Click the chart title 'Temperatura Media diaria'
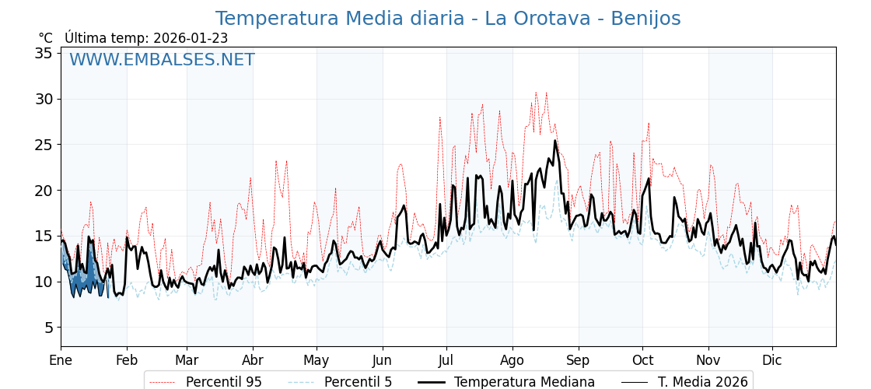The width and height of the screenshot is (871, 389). (x=447, y=19)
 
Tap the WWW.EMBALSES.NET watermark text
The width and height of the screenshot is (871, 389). (x=162, y=60)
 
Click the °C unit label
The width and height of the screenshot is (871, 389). (x=46, y=38)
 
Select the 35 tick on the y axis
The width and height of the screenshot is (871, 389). (x=43, y=53)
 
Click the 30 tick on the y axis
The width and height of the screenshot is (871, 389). (x=43, y=99)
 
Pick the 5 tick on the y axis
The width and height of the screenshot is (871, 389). (x=47, y=328)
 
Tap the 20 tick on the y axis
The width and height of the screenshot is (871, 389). (x=43, y=191)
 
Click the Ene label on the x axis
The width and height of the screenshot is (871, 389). (x=61, y=360)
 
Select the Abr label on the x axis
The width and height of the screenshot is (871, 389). (x=253, y=360)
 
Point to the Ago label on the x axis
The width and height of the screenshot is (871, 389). (x=512, y=360)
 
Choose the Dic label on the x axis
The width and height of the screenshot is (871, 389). (x=772, y=360)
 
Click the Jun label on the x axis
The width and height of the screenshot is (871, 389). (x=382, y=360)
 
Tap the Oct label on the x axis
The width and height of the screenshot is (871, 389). (x=642, y=360)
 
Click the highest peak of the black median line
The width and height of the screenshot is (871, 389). (x=555, y=141)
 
